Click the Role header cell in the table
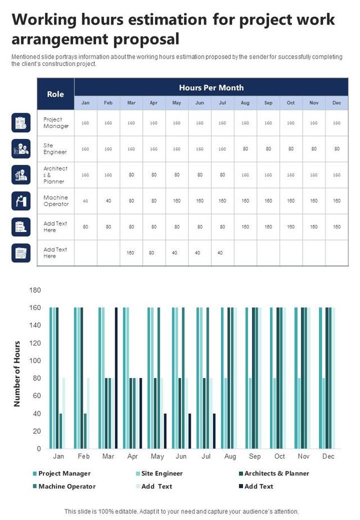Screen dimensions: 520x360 (55, 94)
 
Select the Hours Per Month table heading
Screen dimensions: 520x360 (211, 87)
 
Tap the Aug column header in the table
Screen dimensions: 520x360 (245, 103)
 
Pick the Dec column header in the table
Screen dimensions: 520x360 (336, 103)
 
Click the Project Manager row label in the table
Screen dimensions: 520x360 (56, 123)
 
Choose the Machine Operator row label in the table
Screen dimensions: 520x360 (56, 200)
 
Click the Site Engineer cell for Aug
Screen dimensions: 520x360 (245, 149)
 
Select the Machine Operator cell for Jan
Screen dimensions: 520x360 (85, 200)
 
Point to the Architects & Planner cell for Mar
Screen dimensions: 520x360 (131, 174)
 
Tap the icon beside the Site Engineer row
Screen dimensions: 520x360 (21, 149)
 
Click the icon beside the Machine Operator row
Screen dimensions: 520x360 (21, 200)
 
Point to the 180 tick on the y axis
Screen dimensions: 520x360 (35, 290)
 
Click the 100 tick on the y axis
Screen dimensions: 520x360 (35, 361)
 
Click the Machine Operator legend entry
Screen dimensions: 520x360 (66, 486)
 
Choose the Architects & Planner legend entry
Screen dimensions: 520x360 (276, 473)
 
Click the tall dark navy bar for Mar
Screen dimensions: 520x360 (116, 378)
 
